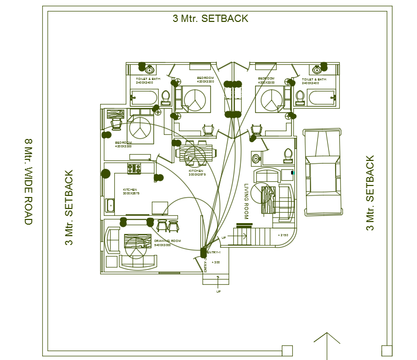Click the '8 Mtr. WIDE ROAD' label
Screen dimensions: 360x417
pyautogui.click(x=29, y=182)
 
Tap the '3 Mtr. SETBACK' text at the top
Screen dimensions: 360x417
pyautogui.click(x=210, y=19)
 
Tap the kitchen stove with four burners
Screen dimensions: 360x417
pyautogui.click(x=134, y=168)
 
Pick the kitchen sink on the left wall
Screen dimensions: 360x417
pyautogui.click(x=110, y=205)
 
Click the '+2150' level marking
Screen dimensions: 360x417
pyautogui.click(x=283, y=236)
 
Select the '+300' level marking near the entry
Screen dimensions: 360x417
pyautogui.click(x=215, y=262)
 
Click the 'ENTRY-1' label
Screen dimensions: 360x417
pyautogui.click(x=215, y=252)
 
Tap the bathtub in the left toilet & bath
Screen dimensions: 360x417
pyautogui.click(x=144, y=98)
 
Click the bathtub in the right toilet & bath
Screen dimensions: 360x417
pyautogui.click(x=321, y=98)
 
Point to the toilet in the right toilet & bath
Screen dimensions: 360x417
pyautogui.click(x=300, y=97)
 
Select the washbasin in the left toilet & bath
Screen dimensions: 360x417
pyautogui.click(x=149, y=69)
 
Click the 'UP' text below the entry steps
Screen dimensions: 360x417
pyautogui.click(x=219, y=292)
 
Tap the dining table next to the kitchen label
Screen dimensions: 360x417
pyautogui.click(x=196, y=154)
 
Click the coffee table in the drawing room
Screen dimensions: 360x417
pyautogui.click(x=137, y=243)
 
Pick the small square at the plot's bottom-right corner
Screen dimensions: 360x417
pyautogui.click(x=386, y=351)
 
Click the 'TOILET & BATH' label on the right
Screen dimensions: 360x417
pyautogui.click(x=314, y=79)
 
